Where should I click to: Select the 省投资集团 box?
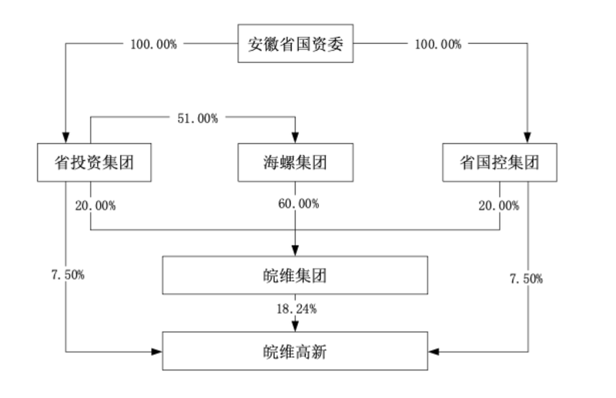92,162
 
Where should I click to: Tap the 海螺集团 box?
295,162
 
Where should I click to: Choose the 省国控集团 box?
499,162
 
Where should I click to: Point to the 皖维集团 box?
295,275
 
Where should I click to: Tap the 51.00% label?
198,118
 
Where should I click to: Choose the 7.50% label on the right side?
527,278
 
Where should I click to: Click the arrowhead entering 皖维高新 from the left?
157,352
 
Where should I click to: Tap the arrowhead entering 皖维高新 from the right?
434,352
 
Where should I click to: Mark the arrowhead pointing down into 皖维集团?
296,251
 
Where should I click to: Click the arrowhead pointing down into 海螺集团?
296,138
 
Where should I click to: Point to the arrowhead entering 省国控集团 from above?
527,138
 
